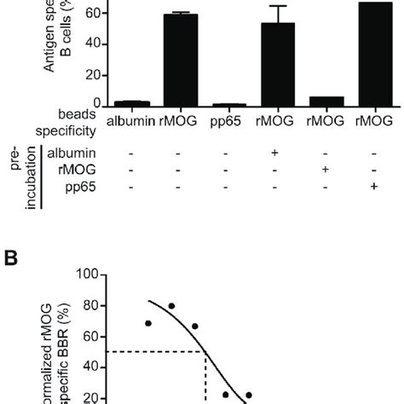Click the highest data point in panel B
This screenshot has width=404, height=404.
pos(171,306)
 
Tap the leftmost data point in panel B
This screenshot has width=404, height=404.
pos(148,324)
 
